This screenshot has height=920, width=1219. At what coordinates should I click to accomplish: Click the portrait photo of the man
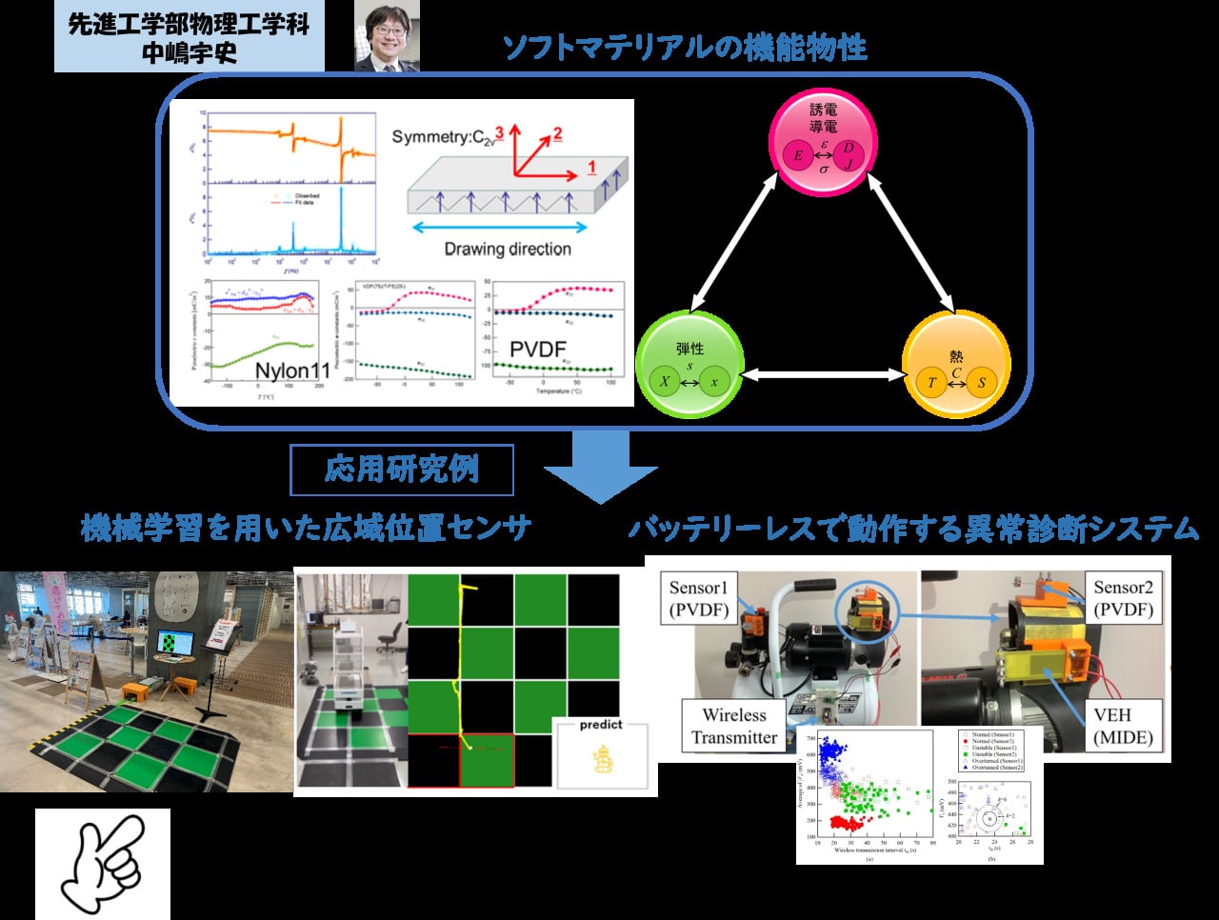tap(387, 37)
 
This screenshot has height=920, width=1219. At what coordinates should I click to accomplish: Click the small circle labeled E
tap(798, 156)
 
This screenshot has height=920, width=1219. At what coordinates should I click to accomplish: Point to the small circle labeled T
tap(931, 383)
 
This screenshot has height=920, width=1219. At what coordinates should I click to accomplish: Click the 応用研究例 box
tap(401, 470)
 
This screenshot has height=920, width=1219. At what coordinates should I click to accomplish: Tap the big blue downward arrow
tap(601, 467)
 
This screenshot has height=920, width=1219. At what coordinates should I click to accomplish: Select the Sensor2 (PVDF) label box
tap(1123, 598)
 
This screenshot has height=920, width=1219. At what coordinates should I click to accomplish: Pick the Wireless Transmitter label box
tap(733, 726)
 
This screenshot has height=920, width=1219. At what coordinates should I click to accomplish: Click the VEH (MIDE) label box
tap(1122, 726)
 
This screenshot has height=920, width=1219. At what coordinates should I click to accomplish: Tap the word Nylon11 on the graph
tap(291, 370)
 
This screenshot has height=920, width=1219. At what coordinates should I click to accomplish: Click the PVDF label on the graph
tap(538, 350)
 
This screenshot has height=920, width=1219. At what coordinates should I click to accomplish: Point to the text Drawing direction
tap(507, 250)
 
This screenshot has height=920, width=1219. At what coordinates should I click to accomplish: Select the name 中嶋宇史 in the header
tap(189, 52)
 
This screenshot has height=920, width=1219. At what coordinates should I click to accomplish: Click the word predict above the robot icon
tap(601, 725)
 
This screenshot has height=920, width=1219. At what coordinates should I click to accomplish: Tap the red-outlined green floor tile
tap(487, 760)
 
